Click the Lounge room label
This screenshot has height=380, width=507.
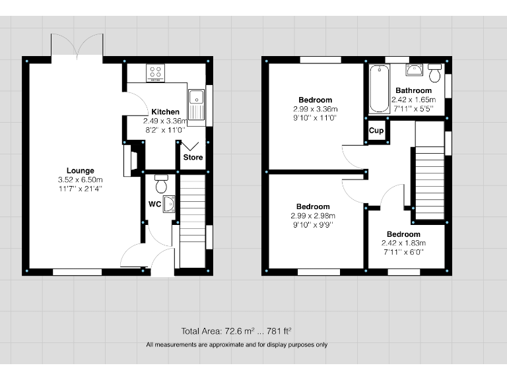(80, 171)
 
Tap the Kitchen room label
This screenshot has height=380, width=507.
(165, 112)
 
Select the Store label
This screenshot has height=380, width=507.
(193, 158)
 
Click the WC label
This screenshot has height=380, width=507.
(154, 205)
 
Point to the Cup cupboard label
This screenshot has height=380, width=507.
(376, 131)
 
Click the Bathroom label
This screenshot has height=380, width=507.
(413, 90)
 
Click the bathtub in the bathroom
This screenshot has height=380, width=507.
(380, 89)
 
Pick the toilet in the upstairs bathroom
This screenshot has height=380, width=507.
(434, 73)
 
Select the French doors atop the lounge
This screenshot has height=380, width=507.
(77, 46)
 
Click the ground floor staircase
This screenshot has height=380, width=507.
(192, 218)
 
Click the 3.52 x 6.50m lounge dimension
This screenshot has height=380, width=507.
(80, 179)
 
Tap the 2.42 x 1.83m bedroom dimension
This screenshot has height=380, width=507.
(403, 243)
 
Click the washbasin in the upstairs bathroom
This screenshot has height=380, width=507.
(415, 69)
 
